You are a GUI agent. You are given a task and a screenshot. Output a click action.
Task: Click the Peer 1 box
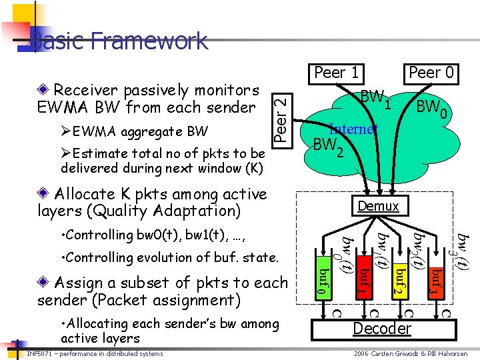click(338, 73)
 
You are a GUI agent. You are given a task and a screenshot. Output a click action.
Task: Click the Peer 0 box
click(433, 73)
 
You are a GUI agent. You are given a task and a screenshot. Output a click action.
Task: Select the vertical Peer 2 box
click(282, 118)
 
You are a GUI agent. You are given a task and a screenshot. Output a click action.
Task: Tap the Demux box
click(378, 206)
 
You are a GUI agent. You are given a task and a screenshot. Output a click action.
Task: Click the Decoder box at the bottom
click(382, 328)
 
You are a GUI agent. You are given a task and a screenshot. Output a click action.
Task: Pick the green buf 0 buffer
click(322, 281)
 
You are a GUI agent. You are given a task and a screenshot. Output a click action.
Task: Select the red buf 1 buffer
click(361, 281)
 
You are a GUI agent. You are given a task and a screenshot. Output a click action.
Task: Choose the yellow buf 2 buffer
click(399, 281)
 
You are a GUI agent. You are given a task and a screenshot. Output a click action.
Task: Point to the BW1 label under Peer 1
click(375, 99)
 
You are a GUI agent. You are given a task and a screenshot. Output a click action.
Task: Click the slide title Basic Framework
click(120, 41)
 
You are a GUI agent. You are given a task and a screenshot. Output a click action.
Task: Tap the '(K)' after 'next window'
click(253, 167)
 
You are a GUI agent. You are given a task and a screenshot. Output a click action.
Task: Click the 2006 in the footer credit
click(361, 353)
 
